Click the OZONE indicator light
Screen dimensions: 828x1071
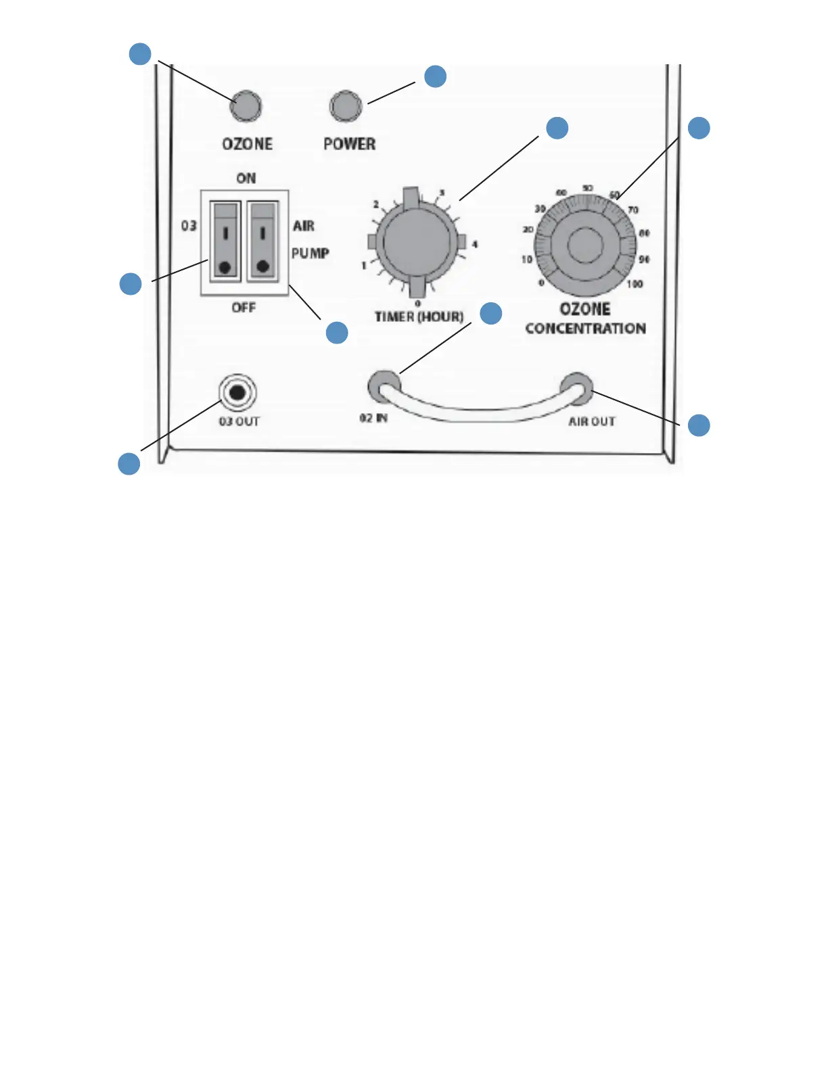pyautogui.click(x=246, y=105)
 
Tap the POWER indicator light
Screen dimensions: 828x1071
pyautogui.click(x=346, y=106)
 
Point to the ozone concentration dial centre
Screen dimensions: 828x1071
pyautogui.click(x=584, y=245)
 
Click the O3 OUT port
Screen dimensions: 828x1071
pyautogui.click(x=237, y=392)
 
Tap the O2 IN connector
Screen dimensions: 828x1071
pyautogui.click(x=383, y=387)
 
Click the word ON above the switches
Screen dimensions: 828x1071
pyautogui.click(x=246, y=178)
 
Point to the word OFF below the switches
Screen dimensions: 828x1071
pyautogui.click(x=244, y=308)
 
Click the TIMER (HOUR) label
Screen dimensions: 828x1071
pyautogui.click(x=419, y=316)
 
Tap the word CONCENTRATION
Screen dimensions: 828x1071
pyautogui.click(x=585, y=329)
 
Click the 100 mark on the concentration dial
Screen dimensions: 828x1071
pyautogui.click(x=635, y=284)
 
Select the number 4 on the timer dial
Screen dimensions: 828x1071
pyautogui.click(x=475, y=244)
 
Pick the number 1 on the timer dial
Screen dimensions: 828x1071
pyautogui.click(x=364, y=266)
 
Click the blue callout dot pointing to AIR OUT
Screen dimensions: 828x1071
pyautogui.click(x=699, y=425)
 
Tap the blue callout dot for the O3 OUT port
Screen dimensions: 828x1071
pyautogui.click(x=129, y=464)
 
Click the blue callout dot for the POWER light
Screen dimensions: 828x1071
pyautogui.click(x=435, y=76)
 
